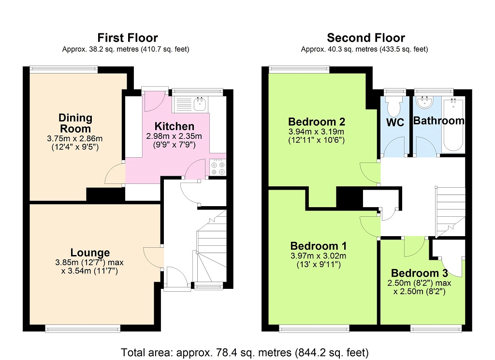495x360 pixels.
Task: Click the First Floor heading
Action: (x=128, y=38)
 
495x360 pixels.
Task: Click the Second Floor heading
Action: (x=365, y=38)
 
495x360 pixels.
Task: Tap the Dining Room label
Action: (x=75, y=123)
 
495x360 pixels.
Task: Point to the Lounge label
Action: (x=90, y=253)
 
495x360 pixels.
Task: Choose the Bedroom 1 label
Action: (x=318, y=245)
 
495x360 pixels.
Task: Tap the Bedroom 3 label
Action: (x=419, y=273)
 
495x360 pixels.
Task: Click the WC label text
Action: (x=395, y=122)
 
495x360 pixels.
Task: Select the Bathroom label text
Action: (x=438, y=121)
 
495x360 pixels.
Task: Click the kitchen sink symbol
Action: (x=199, y=103)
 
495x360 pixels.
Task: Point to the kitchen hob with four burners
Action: (x=218, y=167)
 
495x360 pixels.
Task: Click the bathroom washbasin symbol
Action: (x=425, y=102)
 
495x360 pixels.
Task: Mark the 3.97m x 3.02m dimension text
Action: (x=318, y=256)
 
